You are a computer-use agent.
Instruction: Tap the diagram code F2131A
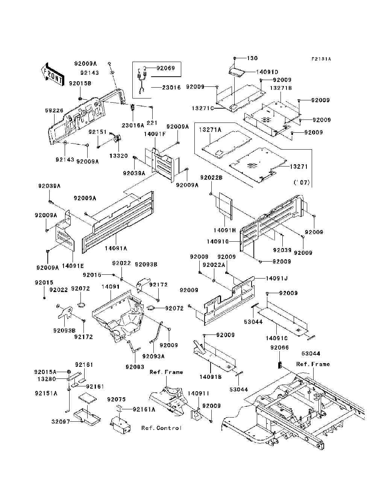pyautogui.click(x=321, y=59)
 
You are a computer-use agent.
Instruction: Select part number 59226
pyautogui.click(x=54, y=111)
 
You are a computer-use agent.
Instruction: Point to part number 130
pyautogui.click(x=252, y=58)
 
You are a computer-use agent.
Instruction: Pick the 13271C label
pyautogui.click(x=202, y=108)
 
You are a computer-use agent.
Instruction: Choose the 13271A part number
pyautogui.click(x=210, y=130)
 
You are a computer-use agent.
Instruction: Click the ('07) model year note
pyautogui.click(x=302, y=183)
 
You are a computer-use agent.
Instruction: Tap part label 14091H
pyautogui.click(x=224, y=230)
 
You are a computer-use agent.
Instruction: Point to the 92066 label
pyautogui.click(x=279, y=348)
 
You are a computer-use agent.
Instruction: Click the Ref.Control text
pyautogui.click(x=161, y=428)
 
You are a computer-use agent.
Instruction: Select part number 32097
pyautogui.click(x=61, y=422)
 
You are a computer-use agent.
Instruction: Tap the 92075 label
pyautogui.click(x=116, y=400)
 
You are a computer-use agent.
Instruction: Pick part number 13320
pyautogui.click(x=118, y=156)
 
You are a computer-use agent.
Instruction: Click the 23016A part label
pyautogui.click(x=133, y=126)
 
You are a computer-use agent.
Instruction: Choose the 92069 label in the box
pyautogui.click(x=166, y=68)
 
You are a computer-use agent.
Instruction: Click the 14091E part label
pyautogui.click(x=73, y=266)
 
